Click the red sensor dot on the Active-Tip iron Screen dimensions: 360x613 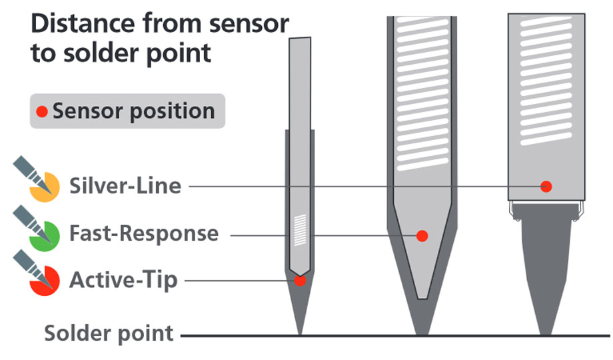(x=300, y=281)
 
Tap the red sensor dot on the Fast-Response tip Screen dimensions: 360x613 (x=421, y=235)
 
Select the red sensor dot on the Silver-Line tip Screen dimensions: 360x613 (x=546, y=186)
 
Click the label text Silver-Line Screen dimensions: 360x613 (x=125, y=185)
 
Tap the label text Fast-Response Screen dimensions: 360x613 (x=144, y=234)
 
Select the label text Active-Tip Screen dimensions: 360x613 (x=124, y=280)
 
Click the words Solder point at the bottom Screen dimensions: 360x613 (x=109, y=333)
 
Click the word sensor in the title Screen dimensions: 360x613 (x=251, y=25)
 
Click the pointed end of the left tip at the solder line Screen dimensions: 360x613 (x=300, y=331)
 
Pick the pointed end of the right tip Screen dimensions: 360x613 (x=546, y=331)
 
